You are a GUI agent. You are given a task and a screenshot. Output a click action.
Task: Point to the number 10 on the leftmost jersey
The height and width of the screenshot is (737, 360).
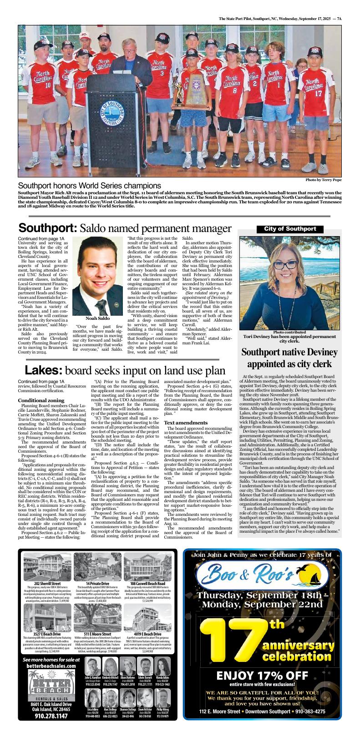tap(48, 85)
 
